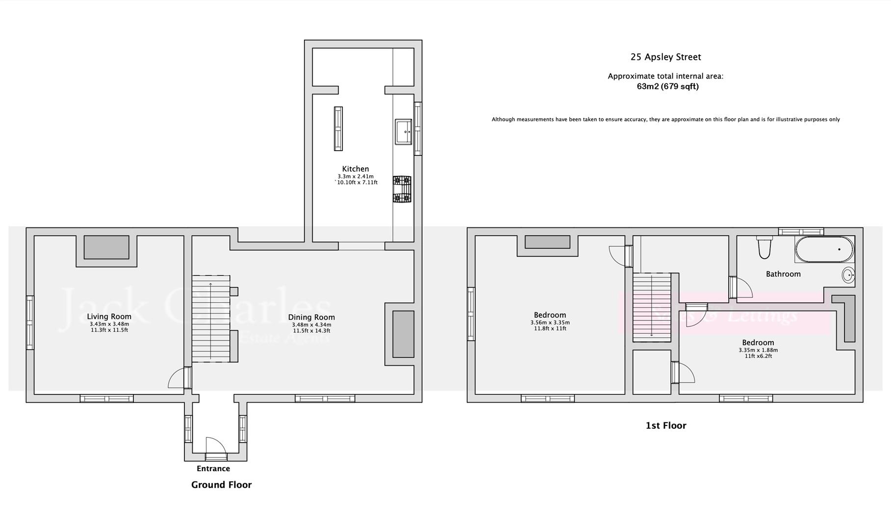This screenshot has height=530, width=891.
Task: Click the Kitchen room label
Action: (x=355, y=169)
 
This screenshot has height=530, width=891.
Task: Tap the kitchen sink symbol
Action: (x=403, y=132)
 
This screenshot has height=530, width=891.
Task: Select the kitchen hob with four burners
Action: (x=402, y=189)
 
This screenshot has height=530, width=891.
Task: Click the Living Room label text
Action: (x=109, y=317)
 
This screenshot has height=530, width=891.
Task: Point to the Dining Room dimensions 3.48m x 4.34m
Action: (x=311, y=325)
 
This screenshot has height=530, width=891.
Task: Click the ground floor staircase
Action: (x=210, y=319)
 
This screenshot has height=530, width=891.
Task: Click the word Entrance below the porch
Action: (x=213, y=469)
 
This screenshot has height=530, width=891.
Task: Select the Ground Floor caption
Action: (x=221, y=485)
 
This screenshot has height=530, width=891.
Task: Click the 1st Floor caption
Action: (x=665, y=425)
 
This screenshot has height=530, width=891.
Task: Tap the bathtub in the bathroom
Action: (x=824, y=249)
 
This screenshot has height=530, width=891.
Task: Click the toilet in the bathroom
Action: (x=764, y=247)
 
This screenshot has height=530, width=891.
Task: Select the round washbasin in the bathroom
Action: (x=848, y=275)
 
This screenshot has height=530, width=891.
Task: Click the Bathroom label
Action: (x=783, y=274)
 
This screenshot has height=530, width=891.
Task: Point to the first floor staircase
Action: (x=652, y=307)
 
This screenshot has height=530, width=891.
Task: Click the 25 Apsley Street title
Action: (x=665, y=57)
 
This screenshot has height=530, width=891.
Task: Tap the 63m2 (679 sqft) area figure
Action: (x=667, y=87)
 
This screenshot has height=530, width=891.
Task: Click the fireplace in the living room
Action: (x=106, y=247)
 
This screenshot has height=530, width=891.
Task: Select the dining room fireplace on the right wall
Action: (x=403, y=334)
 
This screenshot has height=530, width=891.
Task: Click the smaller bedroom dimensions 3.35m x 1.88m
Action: (x=758, y=350)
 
